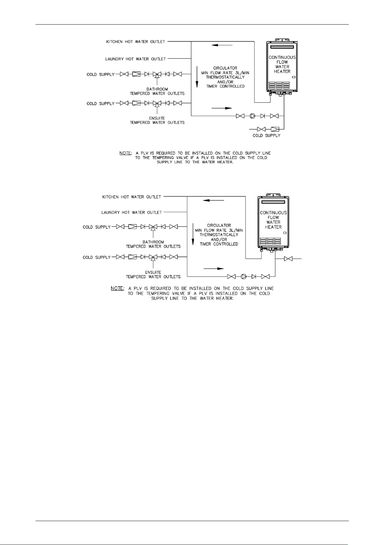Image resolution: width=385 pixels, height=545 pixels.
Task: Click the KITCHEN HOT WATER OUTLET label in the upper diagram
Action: point(136,42)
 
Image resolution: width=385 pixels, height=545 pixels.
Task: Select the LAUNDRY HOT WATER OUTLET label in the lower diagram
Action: point(131,213)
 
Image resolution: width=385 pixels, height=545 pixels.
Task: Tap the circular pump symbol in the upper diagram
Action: point(253,116)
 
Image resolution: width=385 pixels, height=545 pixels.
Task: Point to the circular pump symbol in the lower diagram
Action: point(244,277)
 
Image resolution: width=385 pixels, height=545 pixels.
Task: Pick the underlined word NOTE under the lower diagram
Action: point(117,288)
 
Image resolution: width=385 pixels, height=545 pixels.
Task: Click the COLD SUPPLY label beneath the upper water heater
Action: point(266,136)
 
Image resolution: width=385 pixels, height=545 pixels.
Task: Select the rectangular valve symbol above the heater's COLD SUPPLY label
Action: point(275,129)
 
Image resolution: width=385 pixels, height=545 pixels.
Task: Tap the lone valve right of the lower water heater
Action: point(288,259)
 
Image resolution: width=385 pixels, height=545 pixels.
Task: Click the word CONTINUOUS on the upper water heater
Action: point(282,58)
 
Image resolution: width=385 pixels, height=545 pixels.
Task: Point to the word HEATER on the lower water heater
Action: point(273,227)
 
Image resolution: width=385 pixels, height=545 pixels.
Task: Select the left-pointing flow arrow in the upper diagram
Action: point(222,45)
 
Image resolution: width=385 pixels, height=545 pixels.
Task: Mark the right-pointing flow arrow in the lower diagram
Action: point(213,268)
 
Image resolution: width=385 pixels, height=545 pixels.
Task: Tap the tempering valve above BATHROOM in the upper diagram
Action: point(157,74)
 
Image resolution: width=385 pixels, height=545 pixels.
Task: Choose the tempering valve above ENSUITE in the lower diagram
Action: point(153,257)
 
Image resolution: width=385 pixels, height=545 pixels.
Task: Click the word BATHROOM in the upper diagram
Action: point(157,89)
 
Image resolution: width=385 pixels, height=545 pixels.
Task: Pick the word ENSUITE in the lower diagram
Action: point(153,272)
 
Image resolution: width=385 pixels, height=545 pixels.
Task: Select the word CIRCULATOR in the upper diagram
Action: point(225,68)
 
